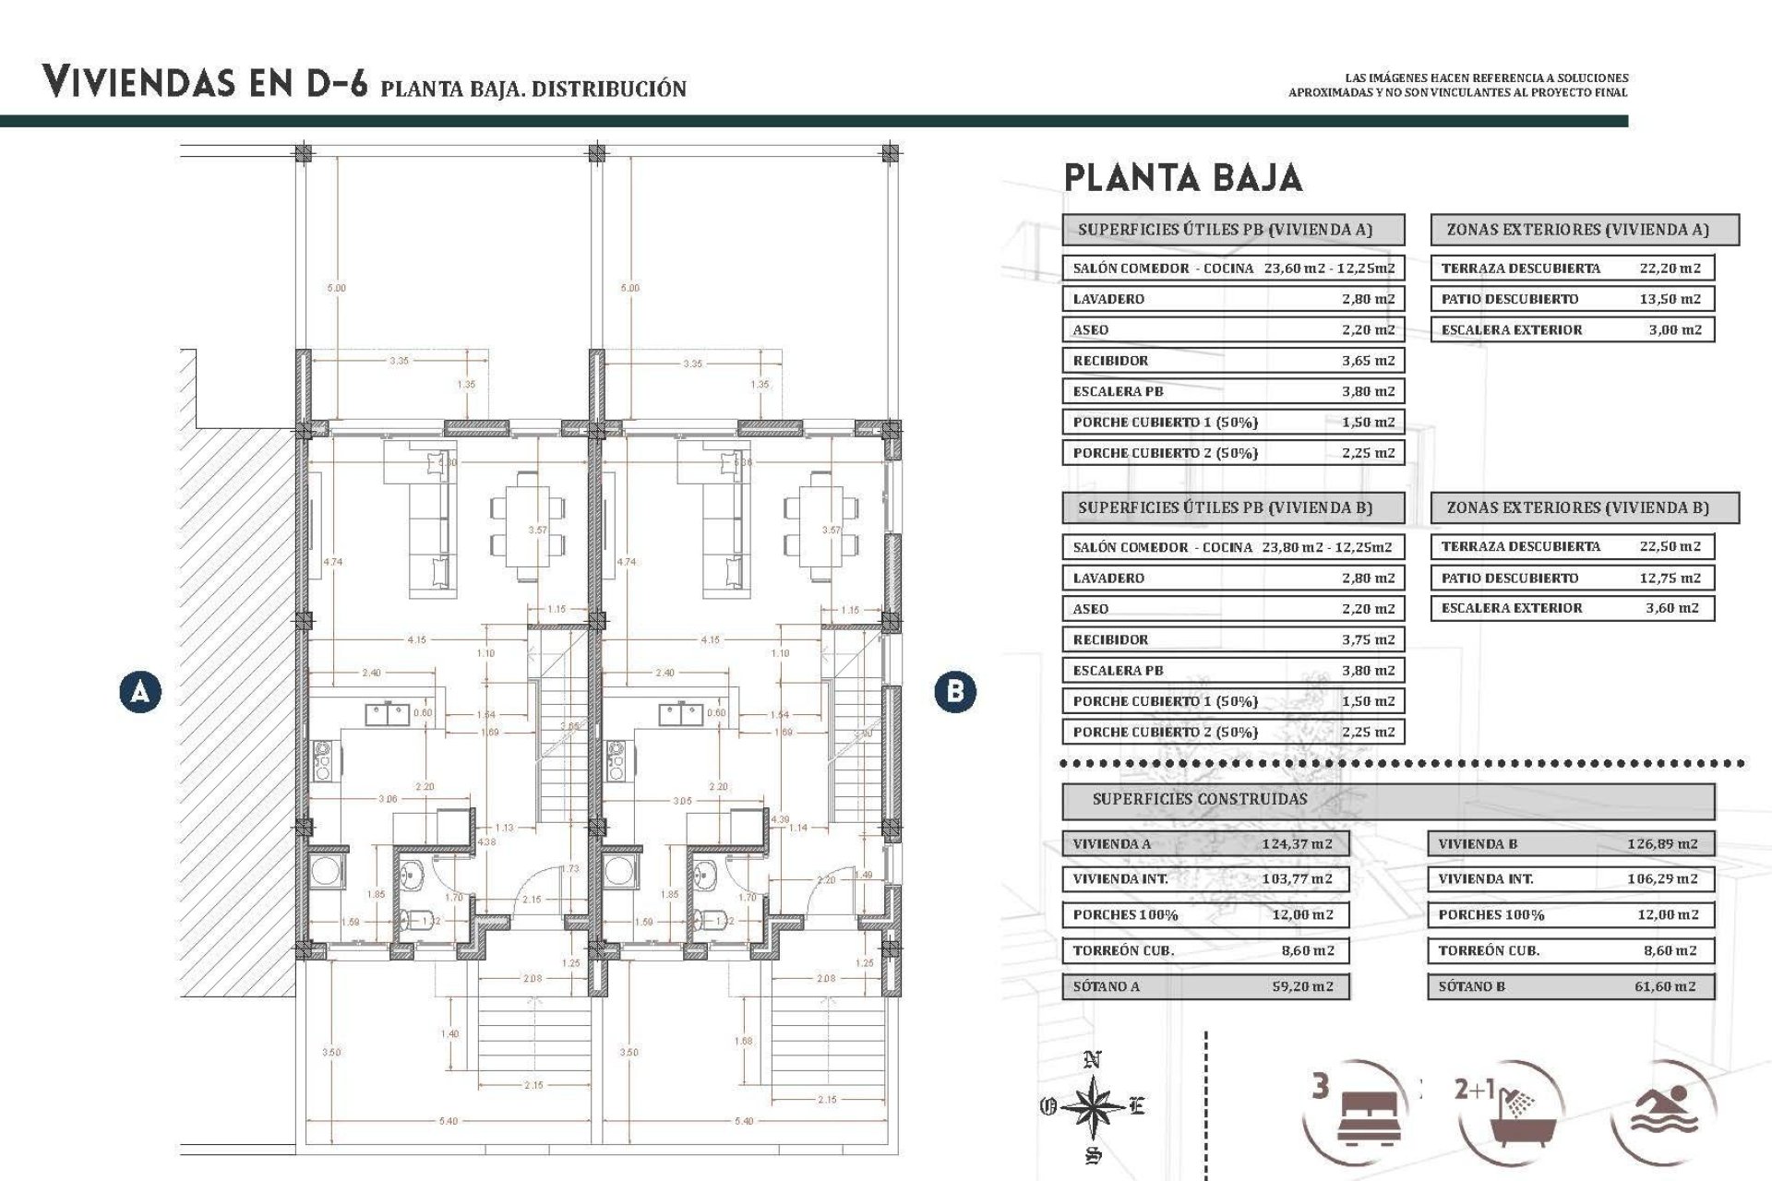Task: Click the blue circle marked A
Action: pos(140,691)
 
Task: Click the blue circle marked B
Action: pos(954,691)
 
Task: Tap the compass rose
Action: pos(1093,1105)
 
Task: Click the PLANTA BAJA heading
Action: pos(1182,178)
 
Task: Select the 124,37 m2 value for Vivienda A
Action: pos(1297,843)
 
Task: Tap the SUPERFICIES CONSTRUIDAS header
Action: pos(1200,799)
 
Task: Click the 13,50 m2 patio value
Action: pos(1670,299)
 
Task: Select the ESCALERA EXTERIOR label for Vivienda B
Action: pos(1511,608)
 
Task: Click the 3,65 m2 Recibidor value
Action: pos(1368,361)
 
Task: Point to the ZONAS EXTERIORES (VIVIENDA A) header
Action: pos(1577,230)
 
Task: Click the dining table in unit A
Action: pos(527,525)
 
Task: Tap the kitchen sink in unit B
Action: pos(681,714)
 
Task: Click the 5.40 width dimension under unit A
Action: pos(448,1121)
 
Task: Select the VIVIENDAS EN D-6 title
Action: pos(204,83)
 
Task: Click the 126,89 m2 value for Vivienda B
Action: pos(1662,843)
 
